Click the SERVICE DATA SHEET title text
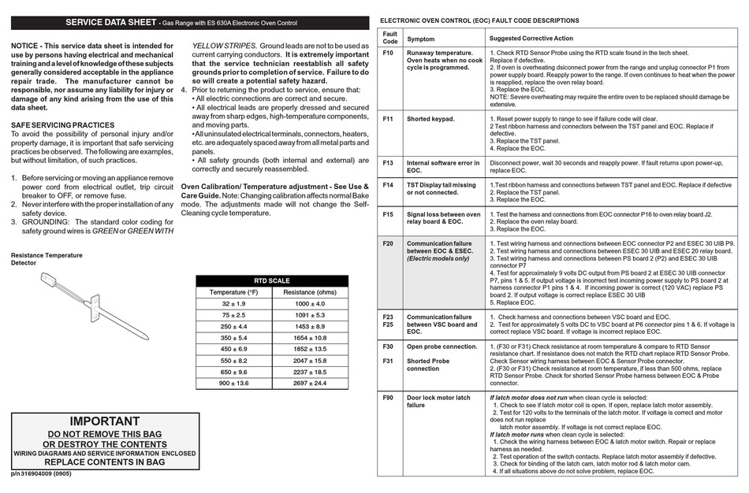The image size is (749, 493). tap(110, 23)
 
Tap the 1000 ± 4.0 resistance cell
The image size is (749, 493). tap(310, 303)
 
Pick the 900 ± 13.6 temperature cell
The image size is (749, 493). tap(233, 384)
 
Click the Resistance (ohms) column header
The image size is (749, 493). tap(310, 292)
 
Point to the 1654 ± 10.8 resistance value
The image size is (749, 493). tap(310, 337)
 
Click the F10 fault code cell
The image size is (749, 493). tap(388, 54)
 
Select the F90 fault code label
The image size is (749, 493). tap(388, 398)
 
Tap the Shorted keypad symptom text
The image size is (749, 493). tap(430, 119)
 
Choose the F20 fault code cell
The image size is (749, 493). tap(388, 243)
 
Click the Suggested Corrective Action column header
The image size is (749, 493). tap(531, 38)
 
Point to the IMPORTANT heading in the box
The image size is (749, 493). tap(104, 421)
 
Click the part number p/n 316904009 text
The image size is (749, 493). tap(42, 475)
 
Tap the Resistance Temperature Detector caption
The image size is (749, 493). tap(46, 259)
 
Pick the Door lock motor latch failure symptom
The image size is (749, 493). tap(438, 402)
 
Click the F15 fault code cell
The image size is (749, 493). tap(388, 213)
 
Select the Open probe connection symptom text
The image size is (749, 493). tap(442, 347)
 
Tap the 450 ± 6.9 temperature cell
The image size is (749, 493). tap(233, 349)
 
